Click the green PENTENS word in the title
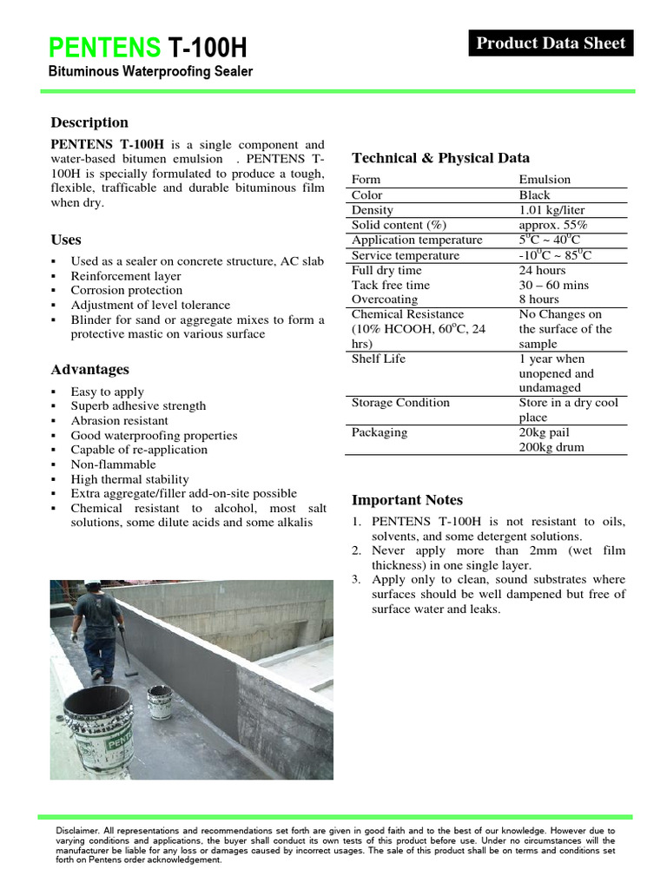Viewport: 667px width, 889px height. point(104,48)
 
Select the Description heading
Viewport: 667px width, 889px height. point(89,122)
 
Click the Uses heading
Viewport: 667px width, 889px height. point(66,240)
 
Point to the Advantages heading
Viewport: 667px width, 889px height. point(89,370)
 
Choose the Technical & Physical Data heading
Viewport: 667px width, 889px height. point(440,158)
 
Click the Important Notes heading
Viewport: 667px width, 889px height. point(406,500)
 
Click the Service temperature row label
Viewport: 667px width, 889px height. point(405,255)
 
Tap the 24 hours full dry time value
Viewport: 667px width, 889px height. point(542,270)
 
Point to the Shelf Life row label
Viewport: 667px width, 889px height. point(379,359)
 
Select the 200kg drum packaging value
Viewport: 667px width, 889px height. point(551,447)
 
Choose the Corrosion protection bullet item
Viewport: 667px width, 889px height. point(127,290)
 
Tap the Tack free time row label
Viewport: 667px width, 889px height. point(391,285)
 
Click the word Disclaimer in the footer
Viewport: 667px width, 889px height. point(76,831)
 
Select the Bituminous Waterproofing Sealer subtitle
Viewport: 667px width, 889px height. point(151,71)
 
